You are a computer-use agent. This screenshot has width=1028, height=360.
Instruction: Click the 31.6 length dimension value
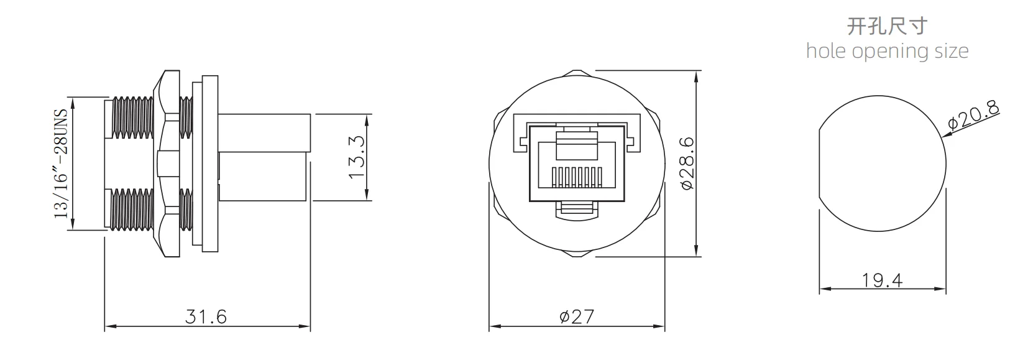(206, 316)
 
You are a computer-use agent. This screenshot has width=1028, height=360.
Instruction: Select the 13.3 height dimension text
(357, 158)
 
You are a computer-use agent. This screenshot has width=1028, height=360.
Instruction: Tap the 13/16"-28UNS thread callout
(61, 164)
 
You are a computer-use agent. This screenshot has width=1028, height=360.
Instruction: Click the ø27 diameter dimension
(576, 316)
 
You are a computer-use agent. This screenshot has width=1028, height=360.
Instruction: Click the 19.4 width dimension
(882, 280)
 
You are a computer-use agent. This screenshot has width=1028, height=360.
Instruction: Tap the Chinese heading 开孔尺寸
(887, 26)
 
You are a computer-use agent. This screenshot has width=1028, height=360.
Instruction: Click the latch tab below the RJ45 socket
(576, 210)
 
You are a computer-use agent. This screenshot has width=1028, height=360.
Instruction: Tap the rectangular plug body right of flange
(264, 157)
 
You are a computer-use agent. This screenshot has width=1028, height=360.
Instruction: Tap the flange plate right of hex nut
(209, 164)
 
